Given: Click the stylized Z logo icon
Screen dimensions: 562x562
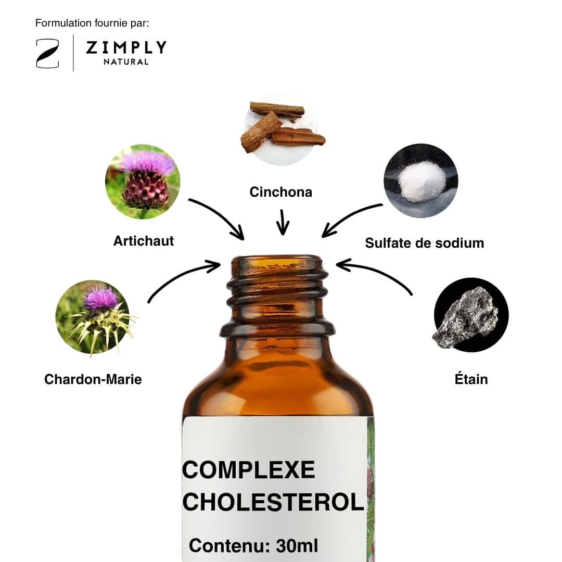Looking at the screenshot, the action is [47, 54].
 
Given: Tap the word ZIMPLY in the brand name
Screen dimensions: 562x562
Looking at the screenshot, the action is [126, 47].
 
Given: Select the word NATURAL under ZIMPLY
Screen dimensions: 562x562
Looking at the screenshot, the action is [126, 61].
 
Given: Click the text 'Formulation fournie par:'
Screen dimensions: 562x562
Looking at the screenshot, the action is [92, 23].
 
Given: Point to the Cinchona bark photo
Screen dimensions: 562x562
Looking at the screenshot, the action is [282, 129].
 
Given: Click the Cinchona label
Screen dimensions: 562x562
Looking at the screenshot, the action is [281, 192].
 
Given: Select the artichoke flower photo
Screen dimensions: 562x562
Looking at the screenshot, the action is [143, 182].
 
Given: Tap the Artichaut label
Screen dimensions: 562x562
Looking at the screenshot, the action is [144, 241].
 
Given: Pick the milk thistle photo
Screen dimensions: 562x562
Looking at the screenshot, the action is [93, 317].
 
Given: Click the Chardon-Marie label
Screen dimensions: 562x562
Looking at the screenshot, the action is [93, 379].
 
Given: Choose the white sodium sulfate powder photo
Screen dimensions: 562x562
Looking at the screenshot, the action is [421, 181].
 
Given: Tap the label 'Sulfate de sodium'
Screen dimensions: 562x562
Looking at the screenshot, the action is [425, 243].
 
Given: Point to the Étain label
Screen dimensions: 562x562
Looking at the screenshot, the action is [471, 379].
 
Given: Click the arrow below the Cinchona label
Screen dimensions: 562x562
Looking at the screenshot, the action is [283, 222].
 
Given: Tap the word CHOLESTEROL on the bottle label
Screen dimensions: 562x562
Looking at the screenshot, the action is [274, 502].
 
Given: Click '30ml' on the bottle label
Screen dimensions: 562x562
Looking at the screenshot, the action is [297, 546].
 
